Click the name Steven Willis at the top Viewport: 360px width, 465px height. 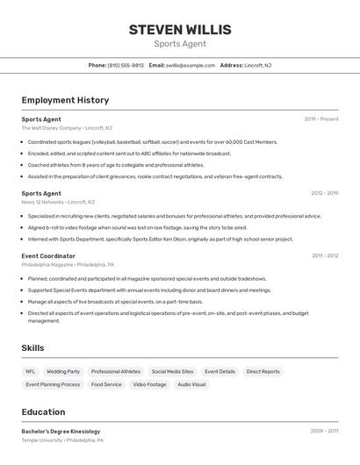(x=180, y=30)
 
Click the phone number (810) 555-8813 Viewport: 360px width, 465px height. (x=126, y=65)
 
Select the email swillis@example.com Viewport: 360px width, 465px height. (x=191, y=65)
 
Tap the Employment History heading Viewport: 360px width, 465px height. (x=65, y=101)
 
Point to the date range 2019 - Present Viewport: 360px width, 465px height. (x=321, y=119)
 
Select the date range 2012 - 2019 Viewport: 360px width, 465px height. (x=324, y=193)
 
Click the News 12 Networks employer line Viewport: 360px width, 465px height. (x=60, y=202)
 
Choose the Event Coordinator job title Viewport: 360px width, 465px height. (x=48, y=255)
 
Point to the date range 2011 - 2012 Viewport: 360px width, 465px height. (x=325, y=255)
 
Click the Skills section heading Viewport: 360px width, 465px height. (x=32, y=348)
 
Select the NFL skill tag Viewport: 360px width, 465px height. (x=31, y=371)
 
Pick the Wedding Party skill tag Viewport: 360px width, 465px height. (x=63, y=371)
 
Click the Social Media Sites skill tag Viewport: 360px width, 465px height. (x=172, y=371)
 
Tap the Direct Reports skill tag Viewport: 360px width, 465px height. (x=263, y=371)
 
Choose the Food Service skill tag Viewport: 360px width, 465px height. (x=106, y=384)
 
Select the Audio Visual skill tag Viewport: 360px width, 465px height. (x=191, y=384)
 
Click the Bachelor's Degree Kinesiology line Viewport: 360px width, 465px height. (x=61, y=432)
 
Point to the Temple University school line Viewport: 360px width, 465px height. (x=62, y=440)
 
